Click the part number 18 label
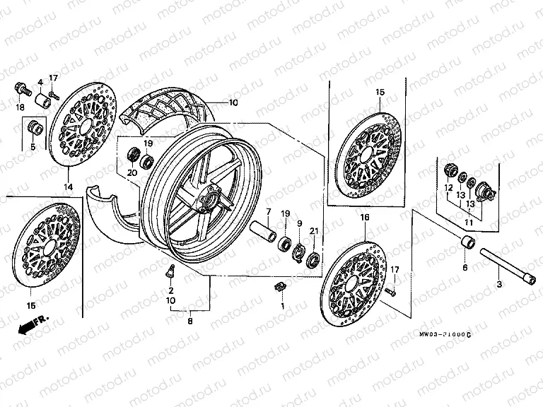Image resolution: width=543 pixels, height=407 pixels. click(20, 107)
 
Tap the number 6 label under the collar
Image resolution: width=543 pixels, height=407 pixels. click(465, 268)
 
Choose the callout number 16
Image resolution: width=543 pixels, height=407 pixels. click(365, 218)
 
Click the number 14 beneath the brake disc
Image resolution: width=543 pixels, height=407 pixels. click(69, 187)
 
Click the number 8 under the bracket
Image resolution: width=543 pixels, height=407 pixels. click(189, 322)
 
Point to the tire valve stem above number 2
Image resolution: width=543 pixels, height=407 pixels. click(170, 269)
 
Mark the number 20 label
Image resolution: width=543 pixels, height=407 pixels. click(132, 172)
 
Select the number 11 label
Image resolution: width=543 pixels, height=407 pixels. click(468, 223)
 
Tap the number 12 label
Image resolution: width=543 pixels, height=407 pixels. click(448, 187)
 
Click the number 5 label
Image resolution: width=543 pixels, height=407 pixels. click(33, 147)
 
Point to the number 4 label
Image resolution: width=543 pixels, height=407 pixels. click(40, 83)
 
